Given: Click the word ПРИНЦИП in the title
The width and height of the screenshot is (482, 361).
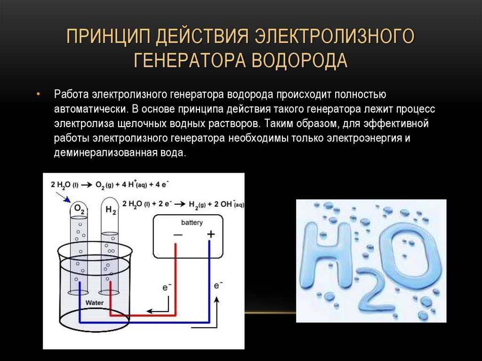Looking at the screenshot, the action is (109, 36).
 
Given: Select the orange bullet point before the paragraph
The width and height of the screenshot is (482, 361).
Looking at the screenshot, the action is (38, 94).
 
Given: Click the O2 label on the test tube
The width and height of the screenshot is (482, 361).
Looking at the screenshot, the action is (79, 210).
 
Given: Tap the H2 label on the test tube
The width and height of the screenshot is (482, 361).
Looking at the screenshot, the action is (111, 210).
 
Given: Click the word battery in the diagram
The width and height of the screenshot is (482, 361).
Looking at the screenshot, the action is (192, 223).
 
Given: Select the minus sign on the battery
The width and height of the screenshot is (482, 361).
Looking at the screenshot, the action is (178, 235).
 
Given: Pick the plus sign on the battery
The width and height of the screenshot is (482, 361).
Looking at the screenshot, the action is (211, 234).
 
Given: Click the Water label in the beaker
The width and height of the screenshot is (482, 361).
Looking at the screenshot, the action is (94, 303).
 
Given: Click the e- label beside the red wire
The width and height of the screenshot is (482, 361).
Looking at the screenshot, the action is (167, 288).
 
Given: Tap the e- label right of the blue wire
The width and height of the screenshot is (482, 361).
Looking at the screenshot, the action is (218, 285).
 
